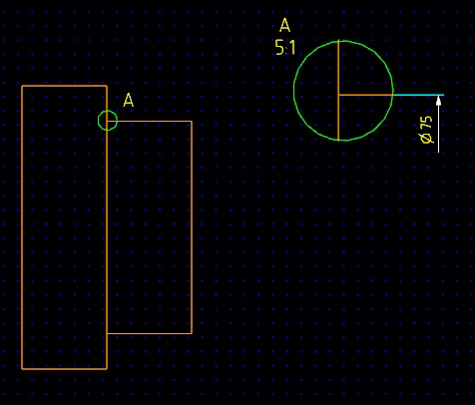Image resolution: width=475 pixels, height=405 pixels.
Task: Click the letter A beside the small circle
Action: (129, 100)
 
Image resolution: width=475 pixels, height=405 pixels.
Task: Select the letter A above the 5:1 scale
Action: (284, 25)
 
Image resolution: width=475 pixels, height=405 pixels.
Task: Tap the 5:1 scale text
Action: (285, 47)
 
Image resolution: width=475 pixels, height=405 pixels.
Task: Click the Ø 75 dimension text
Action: (426, 130)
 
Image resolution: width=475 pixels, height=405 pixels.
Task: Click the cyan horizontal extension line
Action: (418, 95)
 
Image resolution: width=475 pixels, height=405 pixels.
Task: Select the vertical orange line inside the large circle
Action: (338, 90)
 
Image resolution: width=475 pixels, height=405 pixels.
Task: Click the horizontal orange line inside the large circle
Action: (365, 95)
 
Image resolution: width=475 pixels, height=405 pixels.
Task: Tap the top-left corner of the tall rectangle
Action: (22, 86)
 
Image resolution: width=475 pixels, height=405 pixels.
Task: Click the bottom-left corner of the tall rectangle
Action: (22, 369)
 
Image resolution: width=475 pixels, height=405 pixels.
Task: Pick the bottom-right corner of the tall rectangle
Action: (107, 369)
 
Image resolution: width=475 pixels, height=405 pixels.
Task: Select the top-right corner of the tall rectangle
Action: (107, 86)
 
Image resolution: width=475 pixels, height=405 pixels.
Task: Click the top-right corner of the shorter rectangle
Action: (192, 121)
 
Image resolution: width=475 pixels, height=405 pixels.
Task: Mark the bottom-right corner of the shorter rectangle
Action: (192, 333)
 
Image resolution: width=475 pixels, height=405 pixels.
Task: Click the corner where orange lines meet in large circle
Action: (338, 95)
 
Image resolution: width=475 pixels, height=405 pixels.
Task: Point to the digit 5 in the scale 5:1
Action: (279, 47)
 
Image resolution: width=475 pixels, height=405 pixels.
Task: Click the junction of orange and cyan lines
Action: (393, 95)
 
